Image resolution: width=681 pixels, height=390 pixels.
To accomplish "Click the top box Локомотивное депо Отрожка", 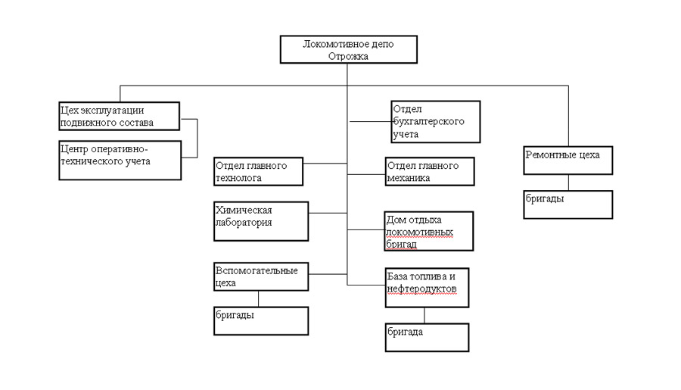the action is [349, 49].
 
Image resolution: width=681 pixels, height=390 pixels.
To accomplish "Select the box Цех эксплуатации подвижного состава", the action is [120, 116].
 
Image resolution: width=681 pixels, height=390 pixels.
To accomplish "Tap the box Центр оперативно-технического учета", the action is [120, 160].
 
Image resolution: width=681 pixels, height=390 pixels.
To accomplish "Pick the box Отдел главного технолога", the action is [259, 171].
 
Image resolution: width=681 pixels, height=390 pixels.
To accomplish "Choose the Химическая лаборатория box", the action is [261, 221].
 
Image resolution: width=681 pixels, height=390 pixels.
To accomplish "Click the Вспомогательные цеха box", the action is [261, 276].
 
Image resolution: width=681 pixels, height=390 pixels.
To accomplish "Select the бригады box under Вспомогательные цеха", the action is [261, 321].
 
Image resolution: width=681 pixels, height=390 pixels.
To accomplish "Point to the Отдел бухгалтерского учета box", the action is [436, 122].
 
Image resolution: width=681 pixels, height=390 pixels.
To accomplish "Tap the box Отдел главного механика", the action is [430, 171].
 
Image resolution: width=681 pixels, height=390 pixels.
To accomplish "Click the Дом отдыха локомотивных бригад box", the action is [429, 231].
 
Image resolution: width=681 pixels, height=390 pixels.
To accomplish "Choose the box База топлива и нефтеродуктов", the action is [428, 288].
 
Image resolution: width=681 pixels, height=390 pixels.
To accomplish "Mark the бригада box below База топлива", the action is [428, 338].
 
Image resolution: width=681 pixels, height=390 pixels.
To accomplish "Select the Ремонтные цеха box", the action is [568, 161].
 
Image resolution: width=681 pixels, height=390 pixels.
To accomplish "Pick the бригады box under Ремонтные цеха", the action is [568, 204].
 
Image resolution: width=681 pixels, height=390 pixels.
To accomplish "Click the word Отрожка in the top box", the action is [348, 56].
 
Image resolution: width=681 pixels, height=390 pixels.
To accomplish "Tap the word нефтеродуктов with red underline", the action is [421, 289].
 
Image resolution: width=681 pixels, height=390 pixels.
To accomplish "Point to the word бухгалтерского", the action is [429, 121].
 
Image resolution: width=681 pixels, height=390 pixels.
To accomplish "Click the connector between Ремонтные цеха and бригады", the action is [568, 183].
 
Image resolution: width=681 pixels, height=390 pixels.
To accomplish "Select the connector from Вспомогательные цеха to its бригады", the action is [259, 299].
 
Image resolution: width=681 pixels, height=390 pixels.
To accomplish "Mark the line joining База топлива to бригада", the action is [424, 316].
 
